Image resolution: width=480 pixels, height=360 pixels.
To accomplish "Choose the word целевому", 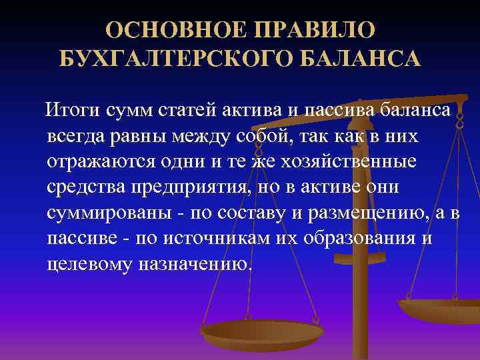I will point(91,263).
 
